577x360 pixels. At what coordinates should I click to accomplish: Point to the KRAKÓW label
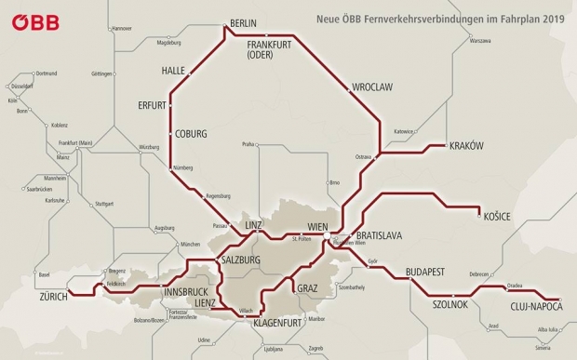point(467,146)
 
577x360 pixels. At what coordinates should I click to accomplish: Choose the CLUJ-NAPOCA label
point(537,306)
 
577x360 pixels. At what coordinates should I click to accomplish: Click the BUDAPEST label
point(428,272)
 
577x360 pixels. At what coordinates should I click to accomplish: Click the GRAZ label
point(307,288)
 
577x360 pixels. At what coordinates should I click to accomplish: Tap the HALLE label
point(174,71)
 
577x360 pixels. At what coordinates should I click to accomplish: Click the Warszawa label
point(480,42)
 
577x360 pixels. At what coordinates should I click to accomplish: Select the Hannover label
point(122,29)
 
